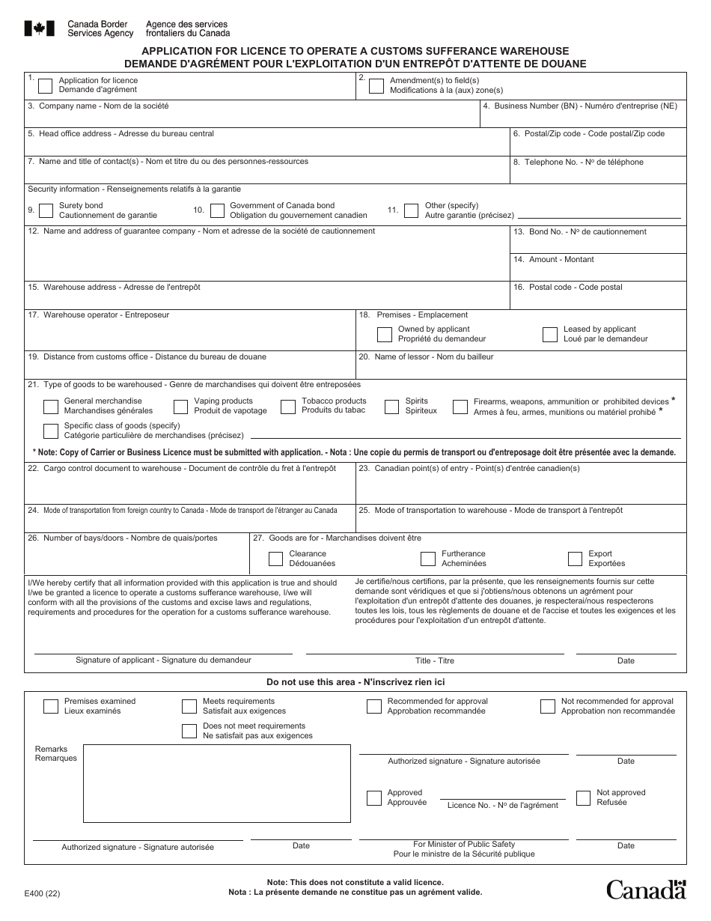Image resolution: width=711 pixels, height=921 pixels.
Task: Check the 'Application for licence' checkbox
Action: click(x=45, y=85)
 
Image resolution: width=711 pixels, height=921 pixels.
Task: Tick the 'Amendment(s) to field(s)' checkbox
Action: click(x=376, y=85)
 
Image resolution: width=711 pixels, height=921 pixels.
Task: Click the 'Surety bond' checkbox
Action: click(x=46, y=210)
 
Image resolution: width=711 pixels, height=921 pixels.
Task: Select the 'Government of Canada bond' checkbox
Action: click(x=217, y=210)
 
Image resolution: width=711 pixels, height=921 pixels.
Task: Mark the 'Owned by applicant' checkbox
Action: click(x=385, y=334)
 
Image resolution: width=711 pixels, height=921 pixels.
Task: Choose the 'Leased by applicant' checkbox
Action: click(x=550, y=334)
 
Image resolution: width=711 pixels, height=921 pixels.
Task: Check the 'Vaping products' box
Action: click(x=180, y=407)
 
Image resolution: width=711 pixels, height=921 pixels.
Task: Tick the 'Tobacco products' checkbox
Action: click(x=288, y=407)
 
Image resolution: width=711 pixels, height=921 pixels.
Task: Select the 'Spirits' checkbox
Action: click(x=391, y=407)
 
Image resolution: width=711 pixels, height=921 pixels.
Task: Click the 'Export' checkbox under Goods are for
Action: click(x=575, y=559)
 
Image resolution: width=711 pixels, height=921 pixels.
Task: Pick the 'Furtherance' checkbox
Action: click(x=427, y=559)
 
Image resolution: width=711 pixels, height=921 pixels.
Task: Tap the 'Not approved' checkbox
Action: click(x=583, y=797)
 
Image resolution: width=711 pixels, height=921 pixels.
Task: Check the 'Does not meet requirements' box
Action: click(x=189, y=731)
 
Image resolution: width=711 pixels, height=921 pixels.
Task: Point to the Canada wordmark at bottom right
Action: click(x=646, y=890)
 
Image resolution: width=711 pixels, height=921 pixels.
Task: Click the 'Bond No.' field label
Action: click(x=581, y=232)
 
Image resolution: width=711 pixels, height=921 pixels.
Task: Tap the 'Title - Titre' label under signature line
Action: click(x=435, y=661)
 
